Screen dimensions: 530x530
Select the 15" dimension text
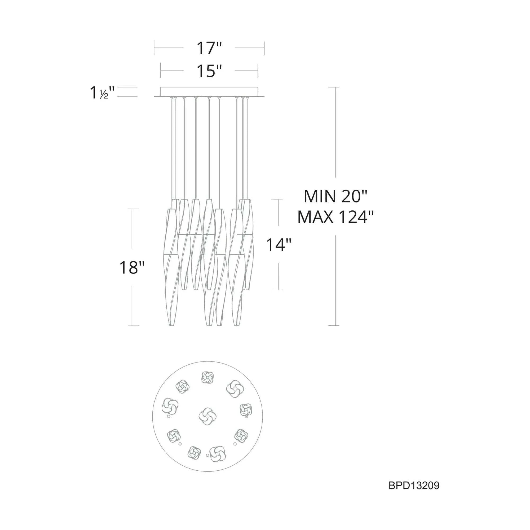tap(209, 71)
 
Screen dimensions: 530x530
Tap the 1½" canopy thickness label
tap(102, 92)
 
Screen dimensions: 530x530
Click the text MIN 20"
tap(335, 196)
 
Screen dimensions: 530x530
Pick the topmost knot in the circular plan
tap(207, 378)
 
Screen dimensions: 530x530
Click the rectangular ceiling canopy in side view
tap(209, 92)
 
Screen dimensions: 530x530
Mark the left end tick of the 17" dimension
tap(154, 48)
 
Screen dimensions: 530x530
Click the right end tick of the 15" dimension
tap(258, 71)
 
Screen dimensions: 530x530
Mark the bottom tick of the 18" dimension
tap(133, 326)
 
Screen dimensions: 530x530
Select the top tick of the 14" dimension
tap(277, 199)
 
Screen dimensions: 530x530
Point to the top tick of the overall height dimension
tap(334, 87)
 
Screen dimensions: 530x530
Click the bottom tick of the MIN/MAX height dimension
tap(334, 326)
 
